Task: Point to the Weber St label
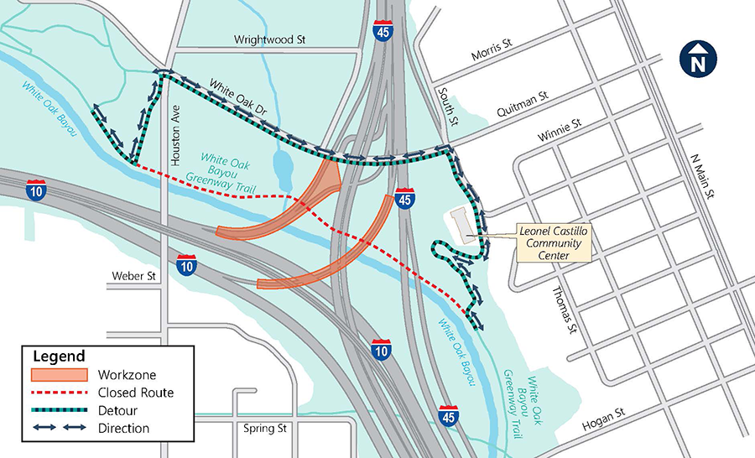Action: point(134,275)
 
